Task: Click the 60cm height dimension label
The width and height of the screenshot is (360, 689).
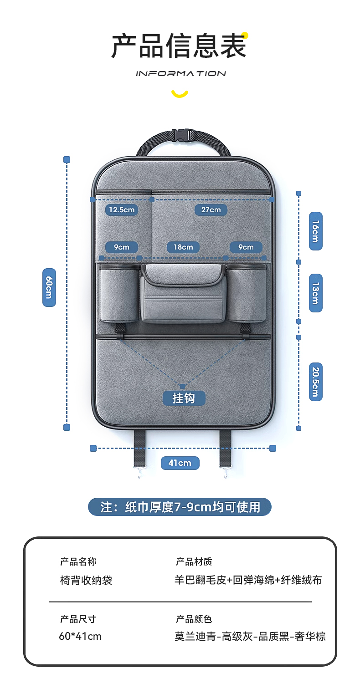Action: click(x=49, y=287)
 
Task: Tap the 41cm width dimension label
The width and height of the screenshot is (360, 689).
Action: click(x=180, y=463)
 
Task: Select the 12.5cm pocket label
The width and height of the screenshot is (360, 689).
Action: click(x=122, y=209)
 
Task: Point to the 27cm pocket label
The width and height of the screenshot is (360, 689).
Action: click(x=211, y=209)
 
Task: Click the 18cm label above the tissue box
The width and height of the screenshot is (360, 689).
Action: click(x=183, y=247)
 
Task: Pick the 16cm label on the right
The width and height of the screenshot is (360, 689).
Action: click(x=315, y=231)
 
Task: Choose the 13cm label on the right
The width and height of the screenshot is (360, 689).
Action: click(x=315, y=293)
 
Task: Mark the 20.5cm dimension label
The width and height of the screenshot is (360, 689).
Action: click(x=315, y=382)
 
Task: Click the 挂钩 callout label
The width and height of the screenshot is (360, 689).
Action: click(x=184, y=398)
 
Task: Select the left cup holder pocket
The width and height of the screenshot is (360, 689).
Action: click(x=119, y=294)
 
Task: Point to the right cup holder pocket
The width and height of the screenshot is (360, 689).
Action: click(x=247, y=294)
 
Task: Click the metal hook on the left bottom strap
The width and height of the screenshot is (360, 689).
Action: click(x=139, y=473)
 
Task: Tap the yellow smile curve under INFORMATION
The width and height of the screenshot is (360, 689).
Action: click(x=180, y=94)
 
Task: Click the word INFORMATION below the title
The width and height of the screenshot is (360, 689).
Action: click(x=180, y=73)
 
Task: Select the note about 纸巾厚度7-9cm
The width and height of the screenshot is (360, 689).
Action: click(x=180, y=507)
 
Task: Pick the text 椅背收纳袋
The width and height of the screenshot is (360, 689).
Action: click(x=86, y=580)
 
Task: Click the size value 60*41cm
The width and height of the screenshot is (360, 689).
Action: click(x=80, y=636)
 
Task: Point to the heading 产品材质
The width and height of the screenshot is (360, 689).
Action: click(x=194, y=561)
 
